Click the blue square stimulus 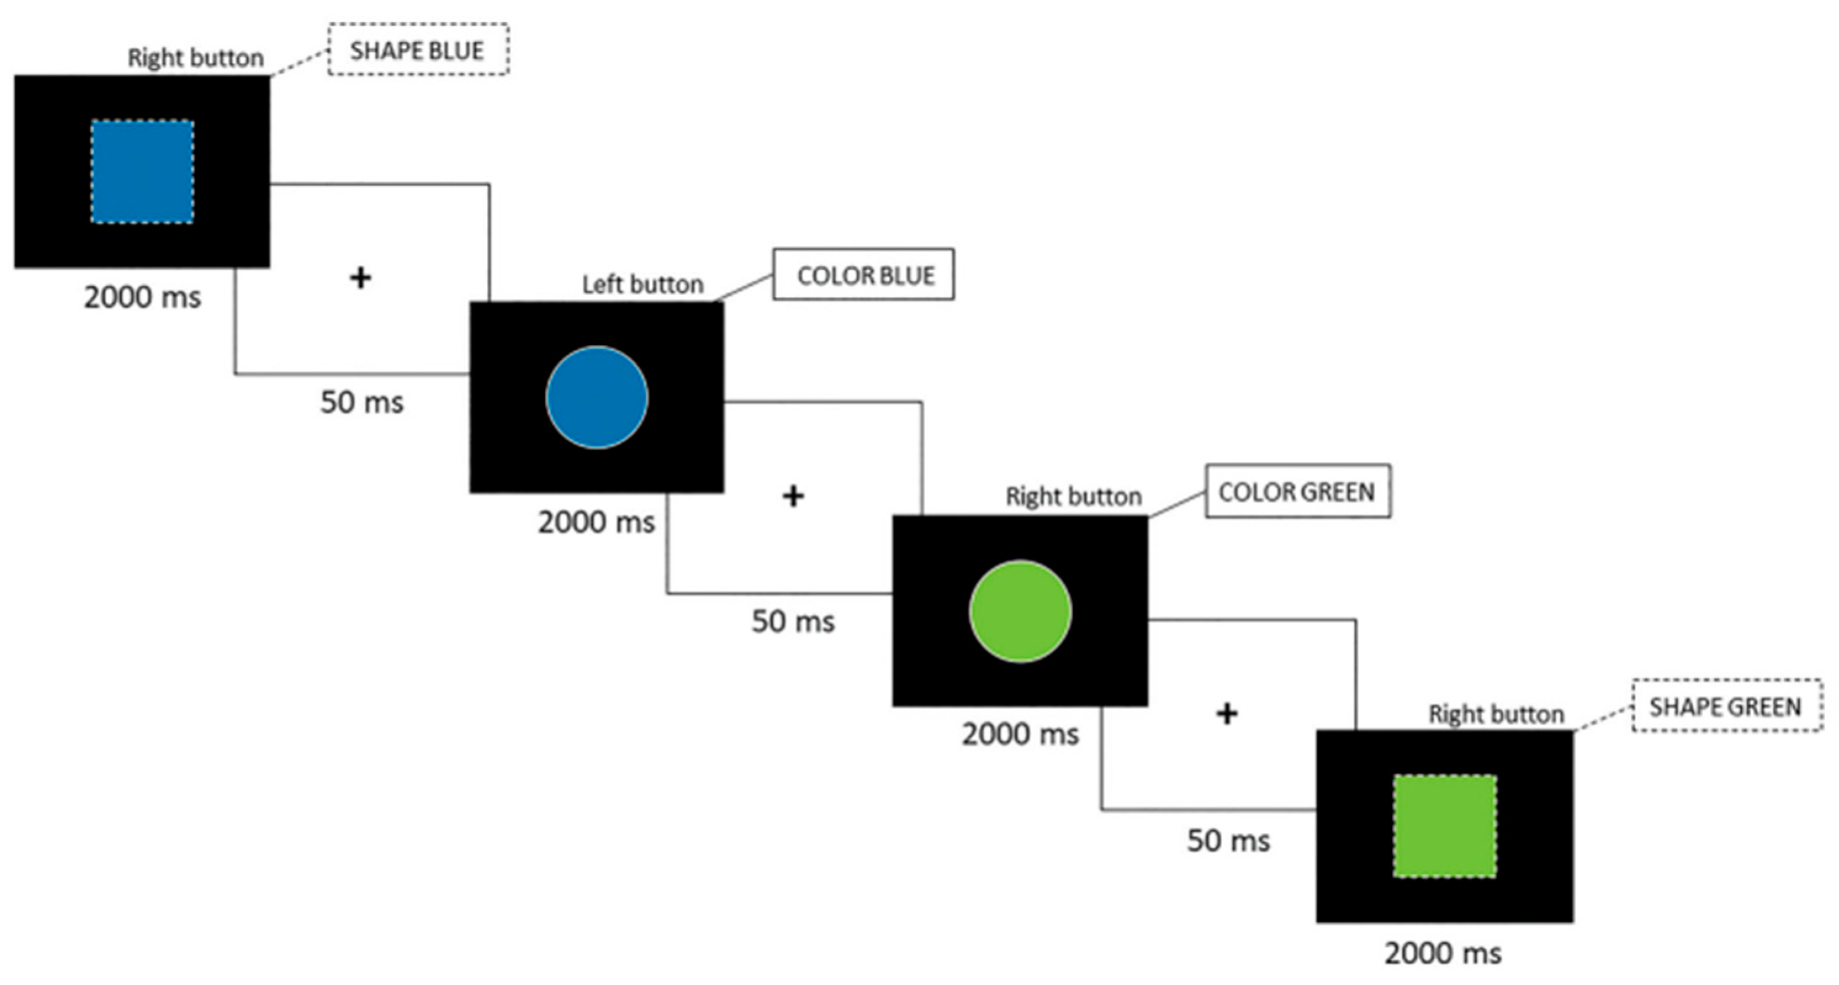coord(142,171)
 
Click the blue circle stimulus coord(597,397)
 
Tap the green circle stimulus coord(1020,612)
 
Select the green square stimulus coord(1444,826)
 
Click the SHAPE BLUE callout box coord(418,50)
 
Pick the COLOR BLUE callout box coord(864,275)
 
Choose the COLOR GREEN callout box coord(1298,492)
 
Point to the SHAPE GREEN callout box coord(1726,707)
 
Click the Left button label coord(643,284)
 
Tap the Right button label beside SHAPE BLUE coord(195,58)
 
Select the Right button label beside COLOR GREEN coord(1073,496)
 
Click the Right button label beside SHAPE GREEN coord(1496,714)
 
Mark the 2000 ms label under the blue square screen coord(142,297)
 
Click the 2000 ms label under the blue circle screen coord(596,522)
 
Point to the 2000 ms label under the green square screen coord(1443,953)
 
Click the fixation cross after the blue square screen coord(361,278)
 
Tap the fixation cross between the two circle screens coord(793,496)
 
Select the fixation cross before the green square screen coord(1226,714)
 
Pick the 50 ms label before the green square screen coord(1228,841)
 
